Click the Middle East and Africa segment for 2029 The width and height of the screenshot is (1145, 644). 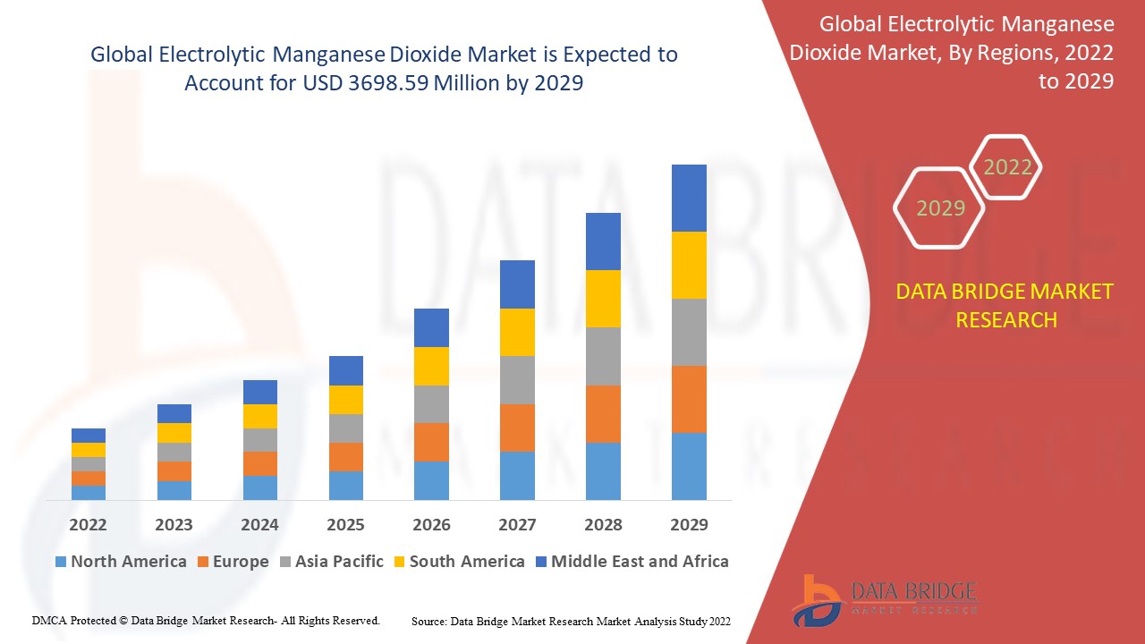point(689,198)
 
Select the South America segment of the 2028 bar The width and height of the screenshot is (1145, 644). point(603,299)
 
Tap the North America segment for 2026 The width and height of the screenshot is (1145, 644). point(431,480)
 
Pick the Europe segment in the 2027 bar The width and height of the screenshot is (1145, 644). point(517,428)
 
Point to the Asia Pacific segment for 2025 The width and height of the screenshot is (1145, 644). point(346,428)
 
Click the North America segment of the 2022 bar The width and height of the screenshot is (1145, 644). point(89,492)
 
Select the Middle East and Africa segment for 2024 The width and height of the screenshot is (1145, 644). point(260,392)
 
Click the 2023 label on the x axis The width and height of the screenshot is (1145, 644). point(174,524)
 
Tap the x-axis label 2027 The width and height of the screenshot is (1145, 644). point(517,524)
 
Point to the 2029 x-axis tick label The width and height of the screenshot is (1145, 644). point(689,524)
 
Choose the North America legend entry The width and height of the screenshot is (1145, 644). point(121,562)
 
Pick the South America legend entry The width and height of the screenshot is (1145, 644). point(457,562)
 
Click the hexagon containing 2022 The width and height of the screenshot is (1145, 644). point(1007,167)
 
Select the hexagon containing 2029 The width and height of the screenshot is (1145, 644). point(940,208)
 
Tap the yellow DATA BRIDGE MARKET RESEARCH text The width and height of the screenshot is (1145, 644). point(1006,305)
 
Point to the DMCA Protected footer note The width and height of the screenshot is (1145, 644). point(206,620)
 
